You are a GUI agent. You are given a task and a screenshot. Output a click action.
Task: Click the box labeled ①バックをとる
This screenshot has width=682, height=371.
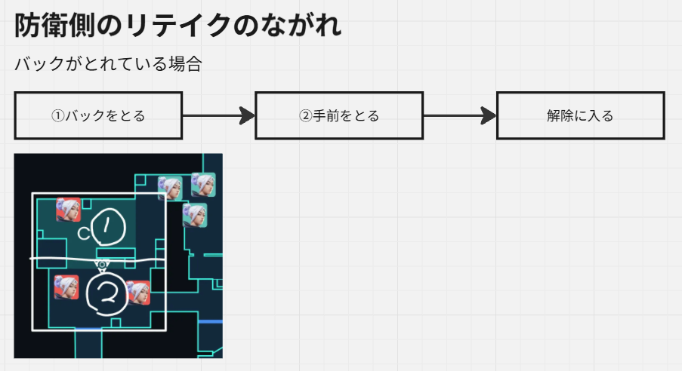(x=98, y=115)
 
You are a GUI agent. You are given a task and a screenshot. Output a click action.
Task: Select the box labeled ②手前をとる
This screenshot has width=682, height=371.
(x=339, y=115)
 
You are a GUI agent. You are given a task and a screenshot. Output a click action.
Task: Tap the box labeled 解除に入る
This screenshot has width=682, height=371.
(x=580, y=115)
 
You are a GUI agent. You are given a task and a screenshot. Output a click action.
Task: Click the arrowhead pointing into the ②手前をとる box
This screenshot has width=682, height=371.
(x=247, y=115)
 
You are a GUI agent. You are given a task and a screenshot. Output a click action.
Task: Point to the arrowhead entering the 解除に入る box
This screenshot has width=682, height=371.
(x=488, y=115)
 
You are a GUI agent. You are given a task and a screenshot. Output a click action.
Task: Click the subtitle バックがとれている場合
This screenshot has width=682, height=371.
(x=108, y=64)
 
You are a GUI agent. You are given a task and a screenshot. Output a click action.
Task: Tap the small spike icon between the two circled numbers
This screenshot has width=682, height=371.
(x=102, y=265)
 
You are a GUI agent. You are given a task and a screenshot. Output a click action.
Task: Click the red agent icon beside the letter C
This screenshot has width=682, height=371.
(x=68, y=209)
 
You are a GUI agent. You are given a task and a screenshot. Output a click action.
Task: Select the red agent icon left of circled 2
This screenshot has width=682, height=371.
(x=66, y=287)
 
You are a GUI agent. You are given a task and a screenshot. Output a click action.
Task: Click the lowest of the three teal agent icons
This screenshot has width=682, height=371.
(x=194, y=216)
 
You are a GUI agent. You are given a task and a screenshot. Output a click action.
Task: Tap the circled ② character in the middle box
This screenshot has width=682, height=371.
(x=305, y=116)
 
